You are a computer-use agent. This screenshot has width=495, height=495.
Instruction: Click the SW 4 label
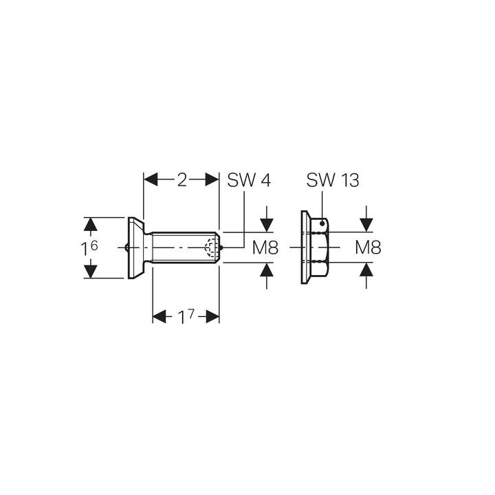pyautogui.click(x=249, y=181)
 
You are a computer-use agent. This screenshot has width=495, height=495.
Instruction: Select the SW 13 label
pyautogui.click(x=333, y=180)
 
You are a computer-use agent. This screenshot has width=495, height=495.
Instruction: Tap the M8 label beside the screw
pyautogui.click(x=265, y=247)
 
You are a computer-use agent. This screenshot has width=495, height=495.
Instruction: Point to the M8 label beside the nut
pyautogui.click(x=368, y=247)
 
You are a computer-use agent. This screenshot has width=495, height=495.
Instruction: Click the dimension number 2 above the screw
pyautogui.click(x=181, y=180)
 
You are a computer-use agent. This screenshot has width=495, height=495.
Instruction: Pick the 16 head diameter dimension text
pyautogui.click(x=89, y=247)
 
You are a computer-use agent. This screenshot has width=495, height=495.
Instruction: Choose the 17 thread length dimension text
pyautogui.click(x=186, y=317)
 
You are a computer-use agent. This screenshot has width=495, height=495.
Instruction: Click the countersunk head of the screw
pyautogui.click(x=136, y=247)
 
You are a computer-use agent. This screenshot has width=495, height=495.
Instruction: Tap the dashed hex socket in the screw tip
pyautogui.click(x=211, y=247)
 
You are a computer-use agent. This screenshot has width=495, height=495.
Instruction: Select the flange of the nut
pyautogui.click(x=305, y=247)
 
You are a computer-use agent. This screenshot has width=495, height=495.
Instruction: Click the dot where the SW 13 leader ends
pyautogui.click(x=322, y=223)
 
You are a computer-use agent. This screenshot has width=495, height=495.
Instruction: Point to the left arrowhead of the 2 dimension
pyautogui.click(x=151, y=179)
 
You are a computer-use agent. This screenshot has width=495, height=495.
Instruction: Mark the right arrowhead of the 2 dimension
pyautogui.click(x=212, y=179)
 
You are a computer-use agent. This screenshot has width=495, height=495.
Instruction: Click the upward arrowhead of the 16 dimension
pyautogui.click(x=91, y=224)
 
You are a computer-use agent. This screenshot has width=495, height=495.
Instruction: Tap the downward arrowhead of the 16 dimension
pyautogui.click(x=91, y=272)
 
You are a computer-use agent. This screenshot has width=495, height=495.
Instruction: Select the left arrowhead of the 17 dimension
pyautogui.click(x=159, y=317)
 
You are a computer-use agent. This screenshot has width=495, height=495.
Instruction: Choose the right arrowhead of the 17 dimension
pyautogui.click(x=212, y=317)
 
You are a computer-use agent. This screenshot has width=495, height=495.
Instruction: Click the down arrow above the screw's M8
pyautogui.click(x=267, y=225)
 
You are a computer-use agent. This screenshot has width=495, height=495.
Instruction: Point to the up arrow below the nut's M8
pyautogui.click(x=366, y=269)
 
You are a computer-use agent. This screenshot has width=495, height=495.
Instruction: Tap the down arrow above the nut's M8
pyautogui.click(x=366, y=225)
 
